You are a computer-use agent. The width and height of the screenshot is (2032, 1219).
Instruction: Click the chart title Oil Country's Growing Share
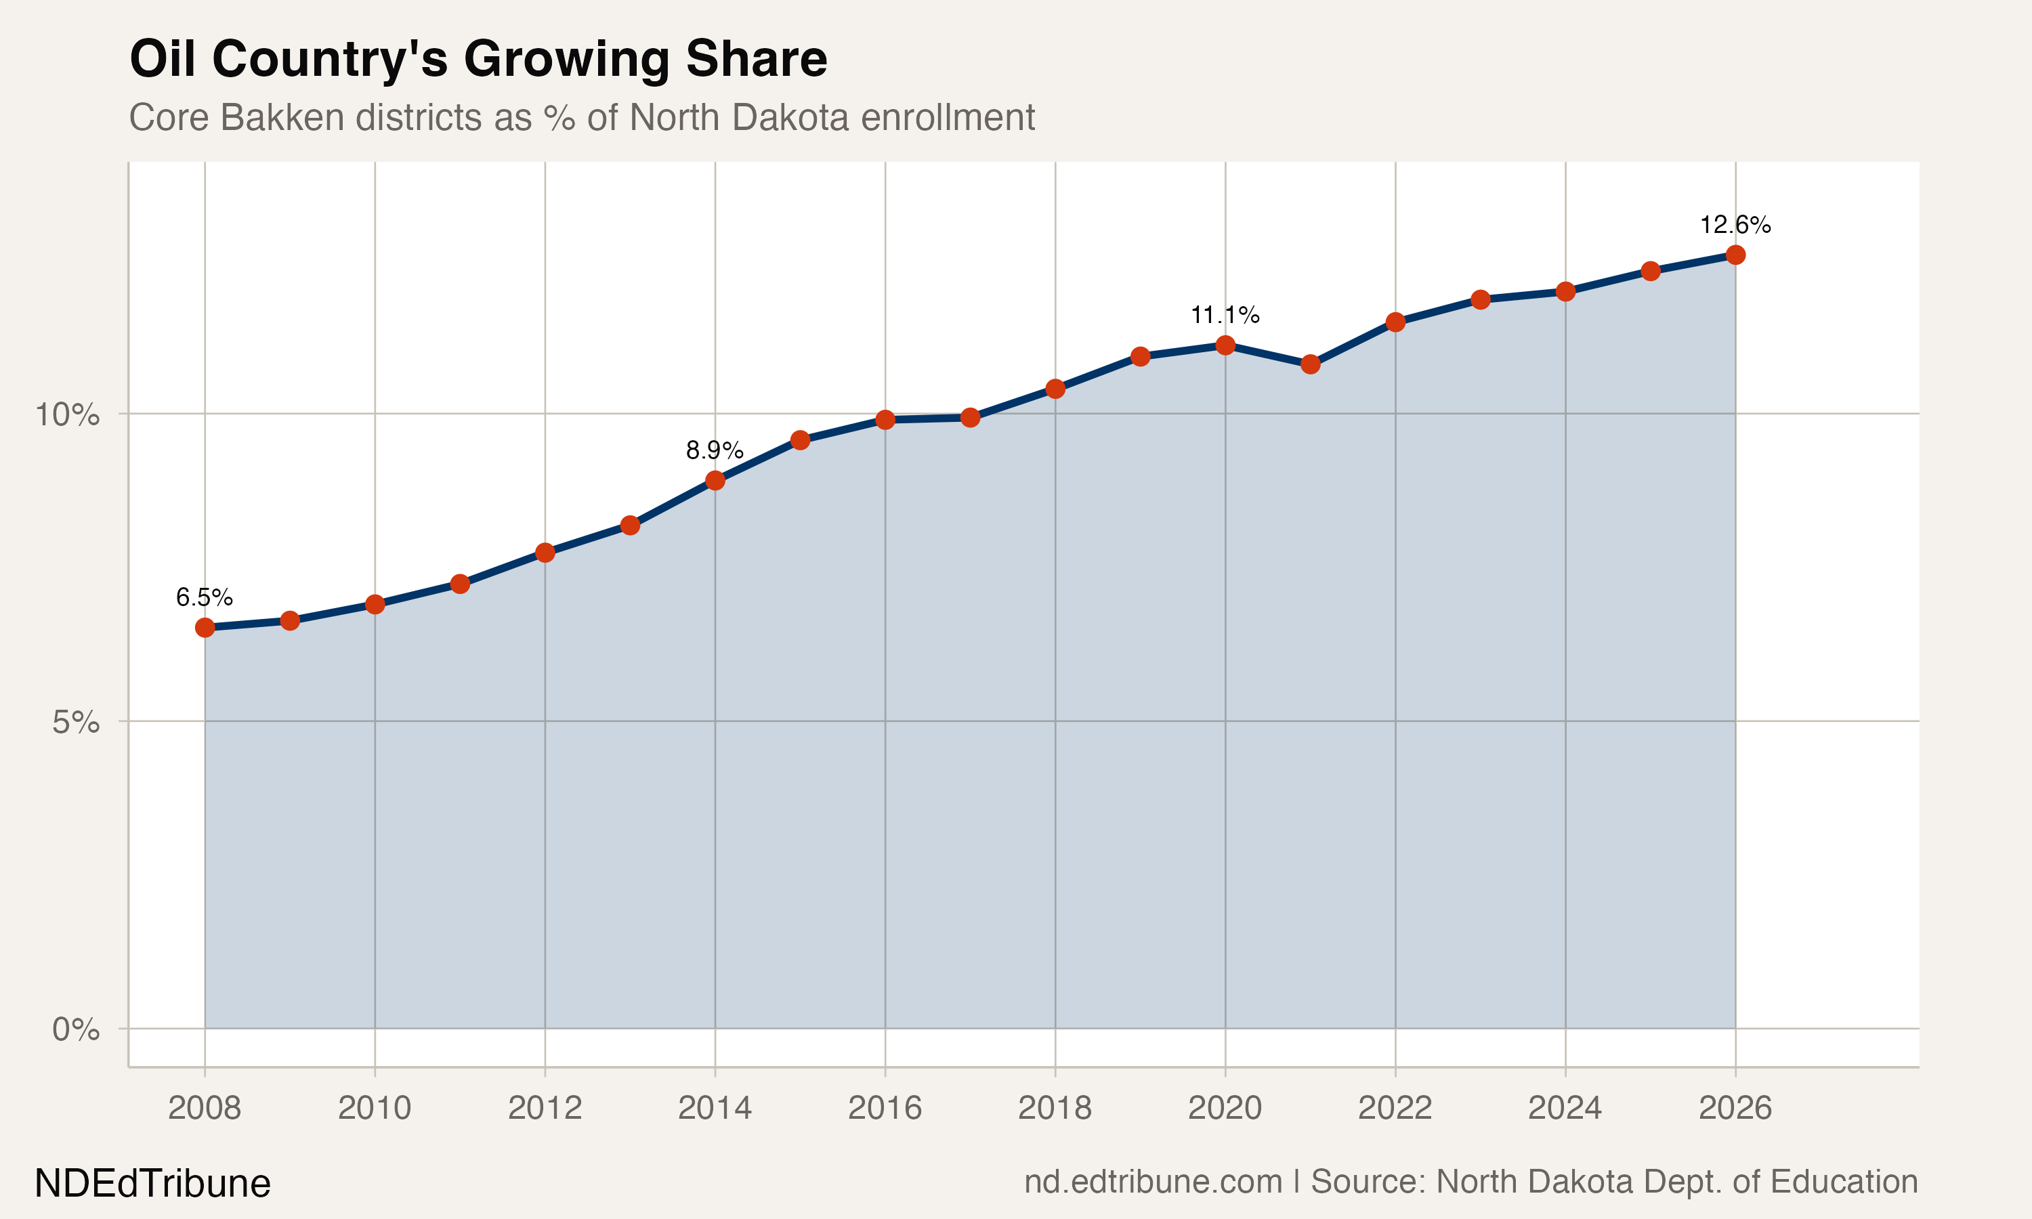pos(478,59)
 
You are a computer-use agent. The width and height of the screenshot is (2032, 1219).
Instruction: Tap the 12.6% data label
pos(1735,224)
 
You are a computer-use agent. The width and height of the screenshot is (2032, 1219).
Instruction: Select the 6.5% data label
pos(205,597)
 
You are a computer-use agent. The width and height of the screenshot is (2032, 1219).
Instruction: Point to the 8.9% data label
pos(715,450)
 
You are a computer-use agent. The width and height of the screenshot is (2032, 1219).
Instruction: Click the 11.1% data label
pos(1225,315)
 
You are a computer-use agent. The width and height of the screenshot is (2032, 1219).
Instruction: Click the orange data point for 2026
pos(1735,255)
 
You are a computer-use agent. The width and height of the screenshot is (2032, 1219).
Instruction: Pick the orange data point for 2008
pos(205,628)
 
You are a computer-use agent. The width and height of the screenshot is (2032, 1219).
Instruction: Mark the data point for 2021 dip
pos(1310,364)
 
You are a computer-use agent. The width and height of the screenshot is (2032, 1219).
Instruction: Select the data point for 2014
pos(715,481)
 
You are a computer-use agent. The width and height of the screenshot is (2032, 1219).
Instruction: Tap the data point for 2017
pos(970,417)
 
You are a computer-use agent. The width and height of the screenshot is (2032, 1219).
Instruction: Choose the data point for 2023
pos(1480,300)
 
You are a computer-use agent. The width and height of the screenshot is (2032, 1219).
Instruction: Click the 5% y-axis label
pos(76,723)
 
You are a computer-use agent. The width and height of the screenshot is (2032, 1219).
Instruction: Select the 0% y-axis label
pos(76,1029)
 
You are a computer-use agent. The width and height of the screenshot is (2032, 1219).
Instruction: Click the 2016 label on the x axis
pos(885,1108)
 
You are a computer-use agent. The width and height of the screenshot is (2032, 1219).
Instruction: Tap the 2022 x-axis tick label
pos(1395,1108)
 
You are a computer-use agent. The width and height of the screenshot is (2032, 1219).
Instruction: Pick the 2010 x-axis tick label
pos(375,1108)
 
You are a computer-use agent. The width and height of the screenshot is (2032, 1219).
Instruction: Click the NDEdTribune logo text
pos(153,1184)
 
